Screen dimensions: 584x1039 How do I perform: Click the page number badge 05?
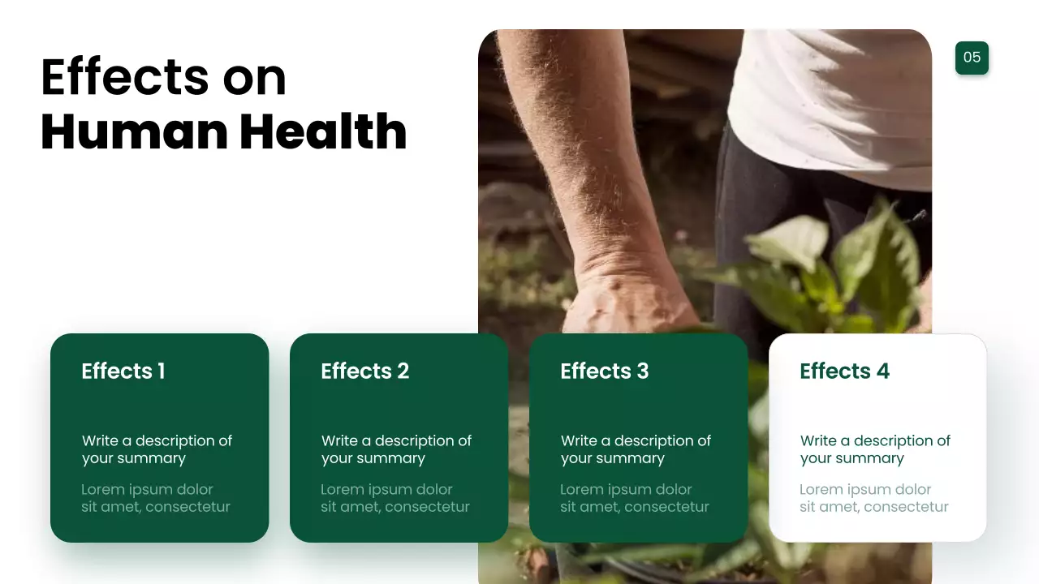tap(972, 58)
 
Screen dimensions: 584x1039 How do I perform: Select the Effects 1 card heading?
tap(123, 371)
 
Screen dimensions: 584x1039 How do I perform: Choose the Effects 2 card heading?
tap(364, 371)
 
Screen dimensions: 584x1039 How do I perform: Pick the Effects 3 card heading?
tap(604, 371)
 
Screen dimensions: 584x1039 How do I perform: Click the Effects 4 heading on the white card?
tap(844, 371)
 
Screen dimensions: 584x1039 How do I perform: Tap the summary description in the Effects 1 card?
tap(157, 449)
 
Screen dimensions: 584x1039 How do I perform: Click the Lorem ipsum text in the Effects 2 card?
tap(394, 498)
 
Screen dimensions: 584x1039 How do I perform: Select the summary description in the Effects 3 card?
tap(636, 449)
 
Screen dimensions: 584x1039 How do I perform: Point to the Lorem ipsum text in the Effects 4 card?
tap(873, 498)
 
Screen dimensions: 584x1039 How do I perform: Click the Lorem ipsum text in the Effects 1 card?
tap(155, 498)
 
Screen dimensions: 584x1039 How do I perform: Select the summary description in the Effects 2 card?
tap(396, 449)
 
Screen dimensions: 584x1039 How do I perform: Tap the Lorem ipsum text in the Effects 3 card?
tap(634, 498)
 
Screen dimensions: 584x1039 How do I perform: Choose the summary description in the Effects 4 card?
tap(875, 449)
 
